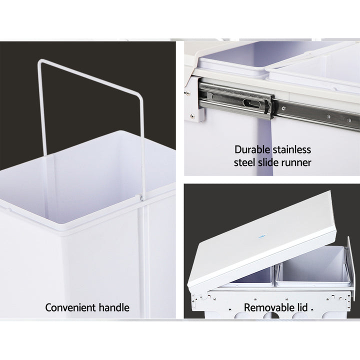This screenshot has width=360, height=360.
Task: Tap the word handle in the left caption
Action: (113, 307)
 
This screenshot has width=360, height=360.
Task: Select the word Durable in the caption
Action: (252, 149)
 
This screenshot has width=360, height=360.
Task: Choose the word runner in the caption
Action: (297, 162)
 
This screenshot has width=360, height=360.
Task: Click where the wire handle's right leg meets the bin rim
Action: (142, 200)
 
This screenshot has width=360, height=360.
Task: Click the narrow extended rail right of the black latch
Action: (315, 114)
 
